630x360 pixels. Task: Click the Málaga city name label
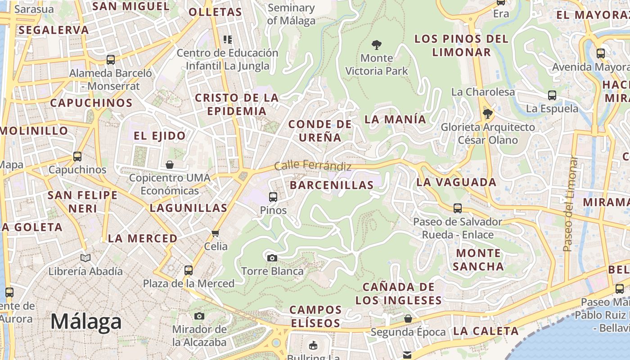[85, 322]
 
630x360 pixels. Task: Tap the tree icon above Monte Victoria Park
[377, 45]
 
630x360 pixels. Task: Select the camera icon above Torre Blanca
[272, 258]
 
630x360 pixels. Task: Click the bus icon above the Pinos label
[273, 197]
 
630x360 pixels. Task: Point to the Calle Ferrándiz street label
[313, 166]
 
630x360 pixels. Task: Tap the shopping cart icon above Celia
[216, 233]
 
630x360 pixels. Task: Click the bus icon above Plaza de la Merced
[189, 270]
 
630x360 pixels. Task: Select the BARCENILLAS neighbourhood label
[332, 185]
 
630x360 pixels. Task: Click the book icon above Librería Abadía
[85, 258]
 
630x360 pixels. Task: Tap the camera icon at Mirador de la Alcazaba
[199, 316]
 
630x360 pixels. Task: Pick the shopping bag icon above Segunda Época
[408, 319]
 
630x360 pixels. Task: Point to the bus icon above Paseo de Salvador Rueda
[458, 208]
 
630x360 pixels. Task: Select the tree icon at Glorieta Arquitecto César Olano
[487, 114]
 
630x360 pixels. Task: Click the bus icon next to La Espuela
[552, 95]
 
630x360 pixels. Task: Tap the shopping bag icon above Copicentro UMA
[170, 165]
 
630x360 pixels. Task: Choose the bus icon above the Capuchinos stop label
[77, 157]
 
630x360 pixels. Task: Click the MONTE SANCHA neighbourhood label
[478, 260]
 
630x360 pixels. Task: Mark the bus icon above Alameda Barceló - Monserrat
[111, 59]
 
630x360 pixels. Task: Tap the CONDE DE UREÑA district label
[320, 130]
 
